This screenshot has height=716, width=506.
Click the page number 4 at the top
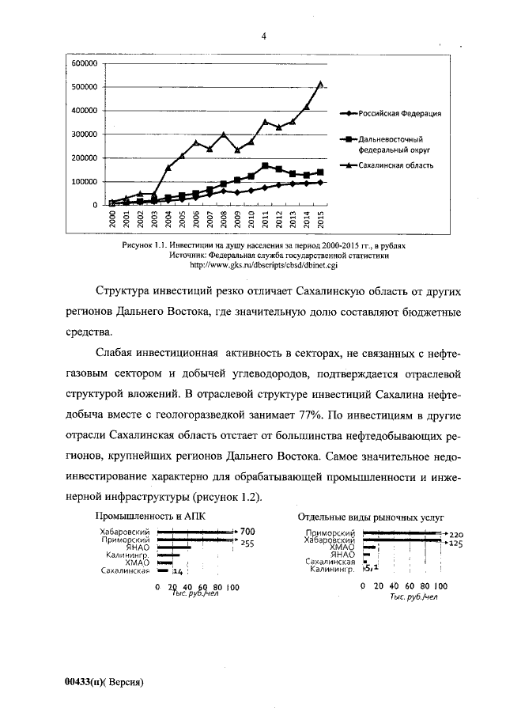264,36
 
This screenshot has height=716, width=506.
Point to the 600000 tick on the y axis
83,63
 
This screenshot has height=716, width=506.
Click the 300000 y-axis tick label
83,134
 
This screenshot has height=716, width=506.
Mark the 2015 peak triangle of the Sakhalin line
320,82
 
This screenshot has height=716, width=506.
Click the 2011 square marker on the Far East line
265,166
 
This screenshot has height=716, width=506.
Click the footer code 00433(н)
85,681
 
